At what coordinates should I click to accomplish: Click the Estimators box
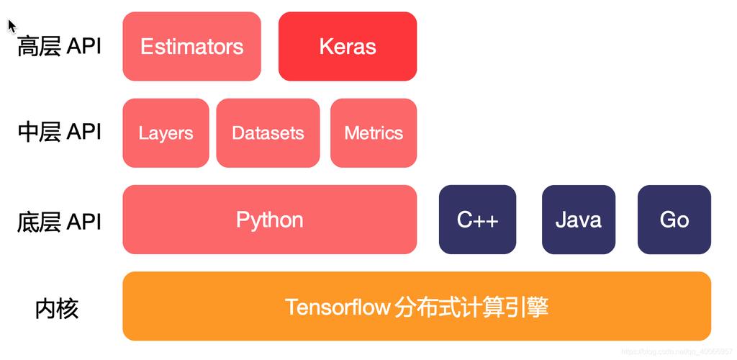point(191,46)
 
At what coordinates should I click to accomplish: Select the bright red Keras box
point(348,46)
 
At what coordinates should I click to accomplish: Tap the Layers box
point(166,132)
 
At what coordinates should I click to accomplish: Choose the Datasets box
point(268,132)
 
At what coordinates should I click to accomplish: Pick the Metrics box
point(374,132)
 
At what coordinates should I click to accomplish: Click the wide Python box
point(270,220)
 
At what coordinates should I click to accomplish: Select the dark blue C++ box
point(477,220)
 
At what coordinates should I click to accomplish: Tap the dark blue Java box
point(579,220)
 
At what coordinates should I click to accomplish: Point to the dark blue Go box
point(674,220)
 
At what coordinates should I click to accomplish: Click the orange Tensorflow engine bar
point(417,306)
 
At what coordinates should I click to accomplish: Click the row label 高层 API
point(59,47)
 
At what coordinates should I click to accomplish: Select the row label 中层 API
point(59,132)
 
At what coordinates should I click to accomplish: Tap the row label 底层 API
point(59,222)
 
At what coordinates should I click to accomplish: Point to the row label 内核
point(56,308)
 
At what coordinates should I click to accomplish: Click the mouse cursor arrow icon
point(12,27)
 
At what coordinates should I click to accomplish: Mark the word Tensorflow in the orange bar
point(338,307)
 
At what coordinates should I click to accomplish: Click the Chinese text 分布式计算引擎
point(471,307)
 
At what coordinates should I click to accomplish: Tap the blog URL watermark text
point(677,351)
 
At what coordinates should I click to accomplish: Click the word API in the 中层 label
point(83,132)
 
